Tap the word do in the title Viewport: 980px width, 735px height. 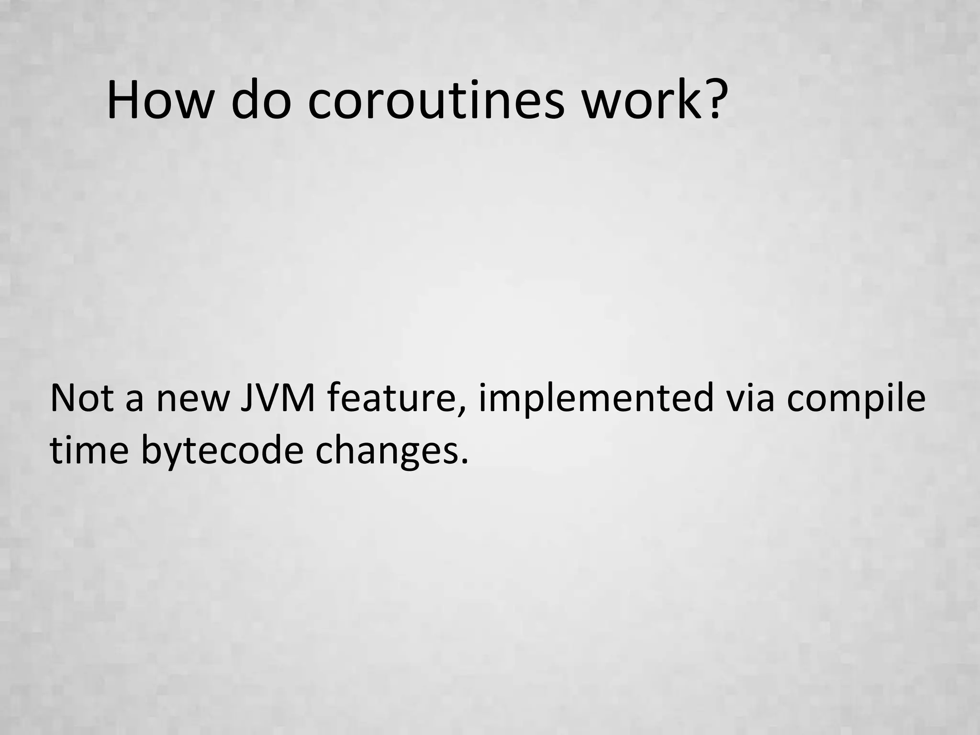[261, 101]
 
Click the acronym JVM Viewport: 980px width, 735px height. [278, 398]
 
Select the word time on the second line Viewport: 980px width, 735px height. [89, 451]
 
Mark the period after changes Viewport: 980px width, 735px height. [463, 462]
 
